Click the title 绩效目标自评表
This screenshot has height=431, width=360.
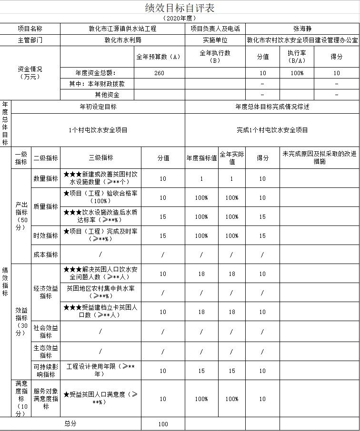(180, 8)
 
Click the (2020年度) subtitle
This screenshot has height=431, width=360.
(180, 18)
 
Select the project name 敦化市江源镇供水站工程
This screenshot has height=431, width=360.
(122, 29)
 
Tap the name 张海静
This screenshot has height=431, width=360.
(302, 29)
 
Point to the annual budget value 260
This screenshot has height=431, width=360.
(160, 73)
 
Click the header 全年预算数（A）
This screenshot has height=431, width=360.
(159, 57)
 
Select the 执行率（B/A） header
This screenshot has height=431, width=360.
(297, 57)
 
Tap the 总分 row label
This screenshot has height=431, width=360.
(70, 423)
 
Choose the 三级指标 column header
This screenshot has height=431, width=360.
(101, 158)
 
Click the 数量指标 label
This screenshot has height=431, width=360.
(46, 179)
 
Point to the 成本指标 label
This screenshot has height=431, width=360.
(46, 255)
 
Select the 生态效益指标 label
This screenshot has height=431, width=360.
(46, 352)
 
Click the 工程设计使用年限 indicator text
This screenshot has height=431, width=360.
(101, 370)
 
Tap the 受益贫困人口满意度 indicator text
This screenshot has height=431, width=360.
(101, 399)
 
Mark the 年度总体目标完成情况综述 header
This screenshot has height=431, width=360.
(272, 107)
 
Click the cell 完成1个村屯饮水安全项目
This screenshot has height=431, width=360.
(272, 130)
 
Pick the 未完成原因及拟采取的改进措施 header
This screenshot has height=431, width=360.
(319, 158)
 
